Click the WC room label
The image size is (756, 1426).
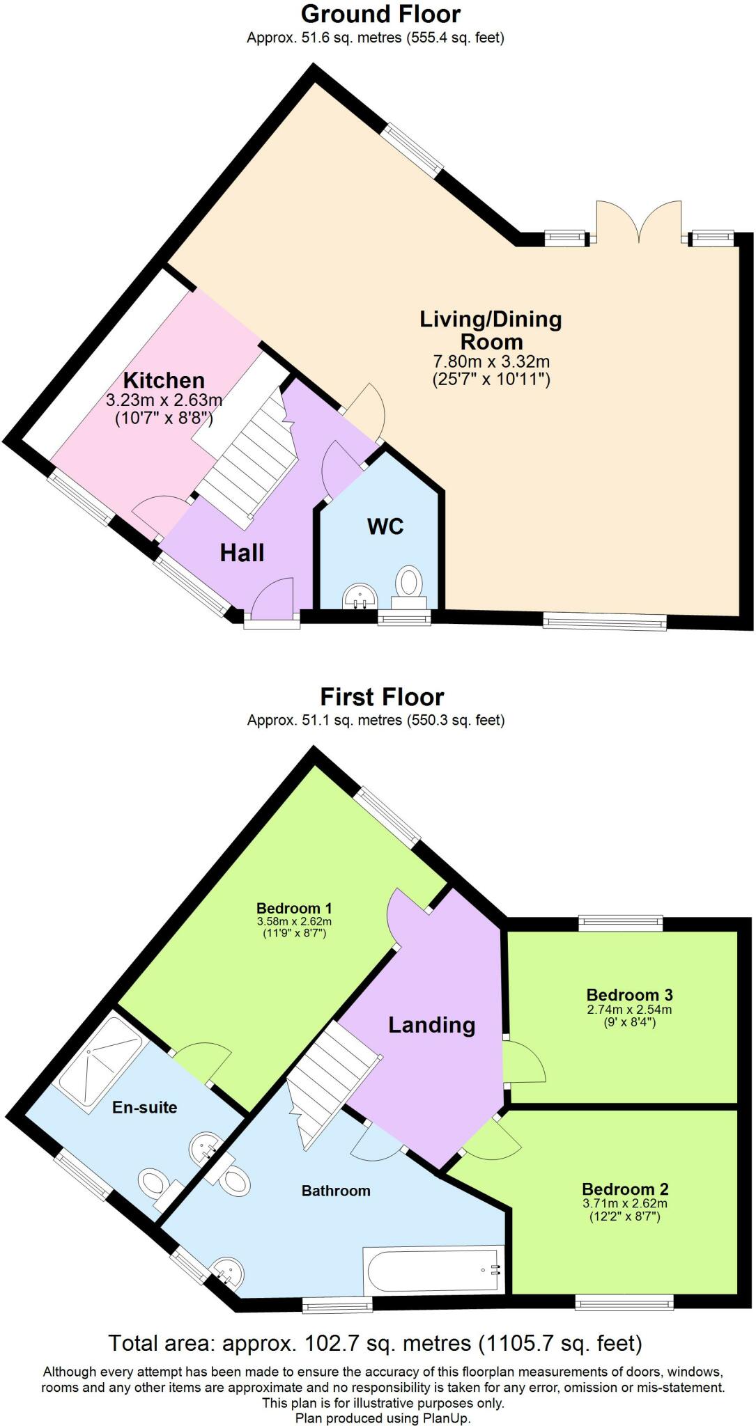tap(385, 526)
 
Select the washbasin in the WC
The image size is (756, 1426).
tap(360, 596)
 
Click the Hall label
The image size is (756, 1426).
tap(242, 553)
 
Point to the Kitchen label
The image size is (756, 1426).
tap(164, 380)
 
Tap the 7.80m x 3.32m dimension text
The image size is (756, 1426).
tap(492, 361)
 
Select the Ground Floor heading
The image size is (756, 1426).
tap(380, 13)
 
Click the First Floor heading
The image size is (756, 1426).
tap(382, 696)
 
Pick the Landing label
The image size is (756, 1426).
tap(432, 1025)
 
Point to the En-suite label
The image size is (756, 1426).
tap(145, 1107)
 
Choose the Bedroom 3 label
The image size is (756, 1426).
tap(630, 994)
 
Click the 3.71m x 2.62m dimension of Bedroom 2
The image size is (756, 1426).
tap(625, 1203)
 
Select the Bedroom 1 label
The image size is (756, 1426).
tap(294, 908)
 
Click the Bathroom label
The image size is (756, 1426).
tap(336, 1191)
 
